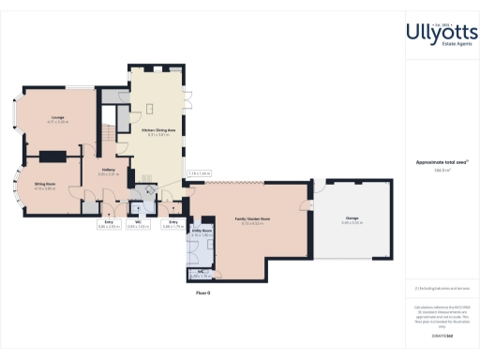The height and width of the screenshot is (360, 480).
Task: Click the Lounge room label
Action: point(58,117)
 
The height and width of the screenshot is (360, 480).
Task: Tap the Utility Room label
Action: point(202,230)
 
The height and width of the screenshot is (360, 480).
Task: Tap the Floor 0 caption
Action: point(202,292)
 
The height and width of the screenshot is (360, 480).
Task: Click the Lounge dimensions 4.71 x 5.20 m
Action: point(58,123)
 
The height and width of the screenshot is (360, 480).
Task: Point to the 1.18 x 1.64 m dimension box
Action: point(199,173)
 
